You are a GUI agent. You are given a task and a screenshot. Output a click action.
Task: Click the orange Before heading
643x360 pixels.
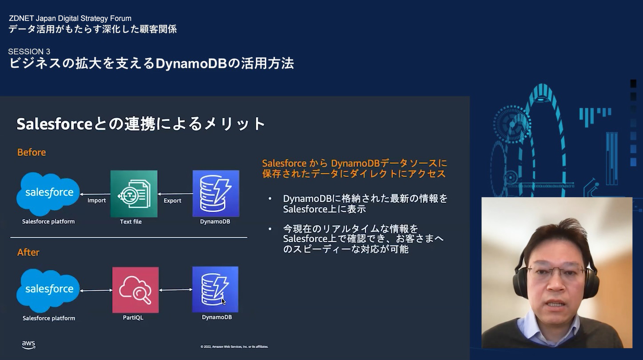coord(32,152)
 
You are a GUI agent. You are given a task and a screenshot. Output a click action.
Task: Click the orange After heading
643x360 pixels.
coord(28,252)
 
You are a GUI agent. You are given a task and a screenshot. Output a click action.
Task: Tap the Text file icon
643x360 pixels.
coord(134,194)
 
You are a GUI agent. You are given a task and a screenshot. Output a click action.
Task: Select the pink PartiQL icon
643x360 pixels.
coord(136,290)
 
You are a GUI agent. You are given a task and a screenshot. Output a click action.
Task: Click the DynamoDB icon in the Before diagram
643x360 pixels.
coord(216,193)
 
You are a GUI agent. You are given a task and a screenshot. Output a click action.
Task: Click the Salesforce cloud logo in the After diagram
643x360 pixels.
coord(48,290)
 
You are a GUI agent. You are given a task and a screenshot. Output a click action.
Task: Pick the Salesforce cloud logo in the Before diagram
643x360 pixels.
coord(48,194)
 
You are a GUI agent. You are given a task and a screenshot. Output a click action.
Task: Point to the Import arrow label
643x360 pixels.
coord(96,200)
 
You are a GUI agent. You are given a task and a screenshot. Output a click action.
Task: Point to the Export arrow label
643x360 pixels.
coord(172,201)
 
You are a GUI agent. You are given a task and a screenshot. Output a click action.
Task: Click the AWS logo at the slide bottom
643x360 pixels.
coord(28,345)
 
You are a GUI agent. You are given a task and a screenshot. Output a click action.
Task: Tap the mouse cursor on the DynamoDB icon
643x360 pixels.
coord(224,301)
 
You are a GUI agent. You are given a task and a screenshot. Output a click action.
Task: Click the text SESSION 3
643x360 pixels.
coord(29,52)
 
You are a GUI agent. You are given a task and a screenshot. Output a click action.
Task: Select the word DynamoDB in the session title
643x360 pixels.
coord(191,64)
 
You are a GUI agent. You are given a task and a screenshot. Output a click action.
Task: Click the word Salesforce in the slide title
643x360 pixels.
coord(55,124)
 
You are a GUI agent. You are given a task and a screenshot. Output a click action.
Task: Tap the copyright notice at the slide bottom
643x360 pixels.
coord(234,347)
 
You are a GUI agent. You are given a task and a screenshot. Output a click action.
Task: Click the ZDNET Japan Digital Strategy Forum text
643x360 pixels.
coord(70,18)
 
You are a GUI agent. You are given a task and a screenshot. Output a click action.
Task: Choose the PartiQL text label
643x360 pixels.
coord(133,317)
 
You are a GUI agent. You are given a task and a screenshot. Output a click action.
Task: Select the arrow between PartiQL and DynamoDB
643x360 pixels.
coord(176,290)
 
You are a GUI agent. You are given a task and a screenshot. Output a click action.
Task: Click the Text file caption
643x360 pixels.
coord(131,222)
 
